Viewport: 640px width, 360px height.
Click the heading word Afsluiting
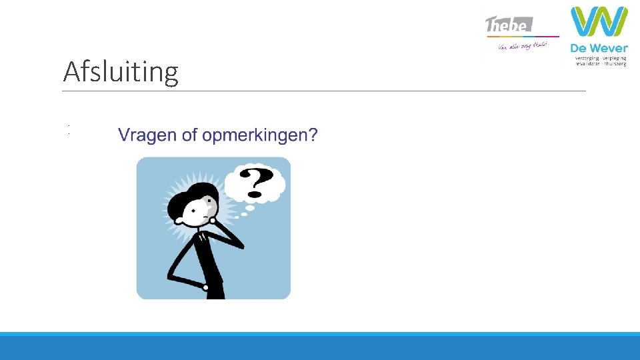tap(121, 72)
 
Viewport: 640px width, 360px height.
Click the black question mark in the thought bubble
tap(256, 183)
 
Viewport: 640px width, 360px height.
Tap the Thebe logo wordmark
tap(509, 25)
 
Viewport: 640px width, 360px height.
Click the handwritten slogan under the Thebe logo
tap(522, 46)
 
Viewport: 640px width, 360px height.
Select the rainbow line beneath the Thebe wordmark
tap(522, 36)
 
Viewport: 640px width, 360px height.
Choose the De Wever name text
tap(599, 48)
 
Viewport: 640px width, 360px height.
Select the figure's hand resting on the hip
tap(206, 287)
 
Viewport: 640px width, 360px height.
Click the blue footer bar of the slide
tap(320, 347)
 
